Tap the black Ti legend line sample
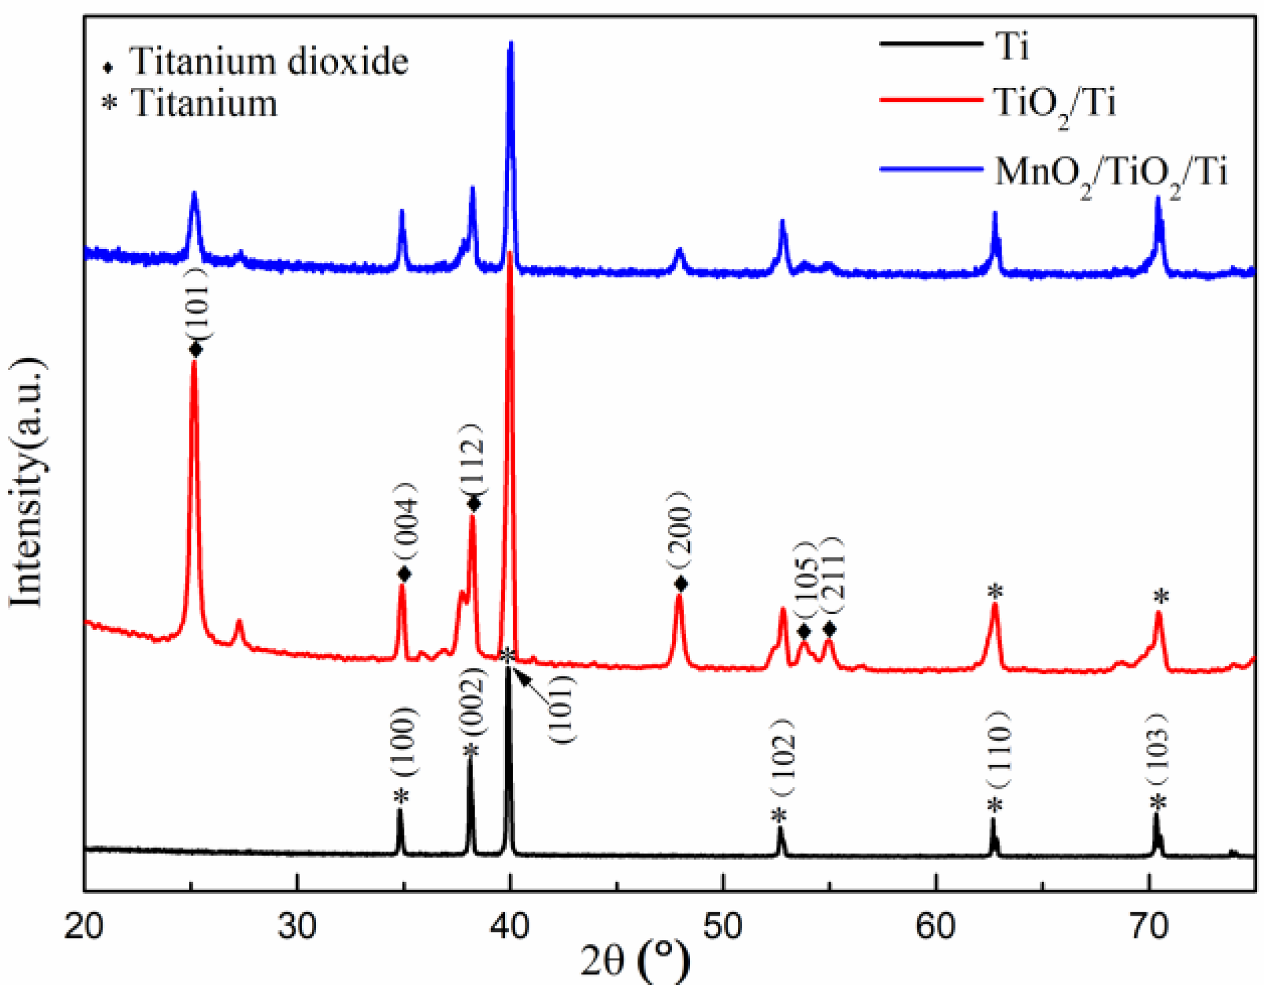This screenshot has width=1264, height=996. [x=931, y=44]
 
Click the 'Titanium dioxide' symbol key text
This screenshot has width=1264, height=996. [x=269, y=62]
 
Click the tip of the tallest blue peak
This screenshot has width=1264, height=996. [x=511, y=43]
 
